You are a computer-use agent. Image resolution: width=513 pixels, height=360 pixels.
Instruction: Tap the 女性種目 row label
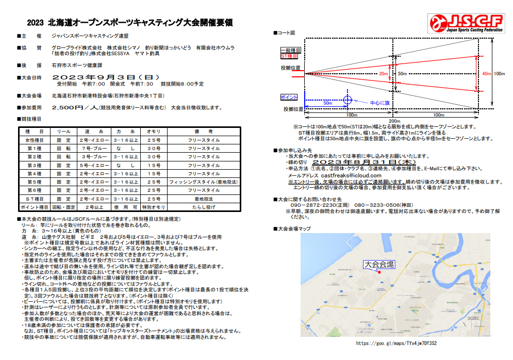click(34, 140)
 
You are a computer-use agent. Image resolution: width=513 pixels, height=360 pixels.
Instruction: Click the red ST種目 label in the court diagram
click(289, 55)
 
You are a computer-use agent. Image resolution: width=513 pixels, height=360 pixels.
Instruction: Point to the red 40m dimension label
click(486, 74)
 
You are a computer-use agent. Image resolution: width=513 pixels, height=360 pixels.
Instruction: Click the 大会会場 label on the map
click(379, 264)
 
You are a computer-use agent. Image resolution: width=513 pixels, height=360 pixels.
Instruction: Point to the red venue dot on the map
click(379, 272)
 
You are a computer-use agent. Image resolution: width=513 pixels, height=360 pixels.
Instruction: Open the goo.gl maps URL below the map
click(396, 343)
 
